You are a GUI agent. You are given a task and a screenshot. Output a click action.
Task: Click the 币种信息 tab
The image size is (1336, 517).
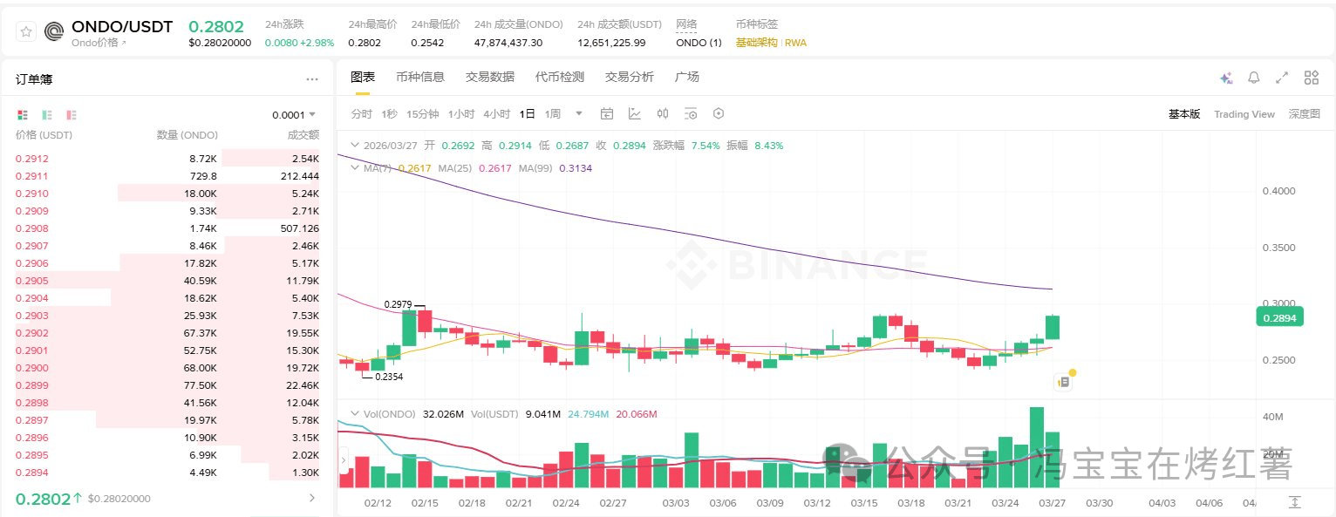pyautogui.click(x=419, y=77)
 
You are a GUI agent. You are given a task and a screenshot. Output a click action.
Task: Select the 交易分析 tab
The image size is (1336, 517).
pyautogui.click(x=629, y=77)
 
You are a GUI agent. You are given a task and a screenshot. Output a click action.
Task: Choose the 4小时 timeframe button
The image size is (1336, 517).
pyautogui.click(x=497, y=114)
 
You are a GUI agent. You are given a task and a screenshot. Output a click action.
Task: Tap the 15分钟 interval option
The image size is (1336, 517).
pyautogui.click(x=423, y=114)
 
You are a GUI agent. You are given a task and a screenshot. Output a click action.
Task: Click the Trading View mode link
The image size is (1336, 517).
pyautogui.click(x=1244, y=114)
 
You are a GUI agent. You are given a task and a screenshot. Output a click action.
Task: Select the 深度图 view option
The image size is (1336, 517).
pyautogui.click(x=1304, y=114)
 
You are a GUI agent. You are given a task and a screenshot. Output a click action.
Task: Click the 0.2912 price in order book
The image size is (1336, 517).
pyautogui.click(x=32, y=159)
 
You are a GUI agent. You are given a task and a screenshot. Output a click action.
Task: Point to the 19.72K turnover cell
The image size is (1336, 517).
pyautogui.click(x=303, y=368)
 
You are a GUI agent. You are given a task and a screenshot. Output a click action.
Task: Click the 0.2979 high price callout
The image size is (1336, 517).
pyautogui.click(x=398, y=304)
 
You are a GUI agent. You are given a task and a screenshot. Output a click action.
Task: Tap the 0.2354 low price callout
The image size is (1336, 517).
pyautogui.click(x=389, y=377)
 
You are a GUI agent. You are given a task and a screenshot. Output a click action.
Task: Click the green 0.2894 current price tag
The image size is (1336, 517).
pyautogui.click(x=1278, y=318)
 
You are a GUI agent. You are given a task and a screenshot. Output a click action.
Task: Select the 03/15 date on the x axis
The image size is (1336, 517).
pyautogui.click(x=864, y=503)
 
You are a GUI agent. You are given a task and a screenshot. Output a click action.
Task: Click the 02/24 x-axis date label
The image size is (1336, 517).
pyautogui.click(x=566, y=503)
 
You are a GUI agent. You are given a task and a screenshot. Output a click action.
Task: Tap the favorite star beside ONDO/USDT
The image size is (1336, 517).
pyautogui.click(x=26, y=31)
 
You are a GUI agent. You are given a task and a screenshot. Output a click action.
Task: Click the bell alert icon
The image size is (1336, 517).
pyautogui.click(x=1253, y=78)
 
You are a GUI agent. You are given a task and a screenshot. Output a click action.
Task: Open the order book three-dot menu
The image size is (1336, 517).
pyautogui.click(x=312, y=79)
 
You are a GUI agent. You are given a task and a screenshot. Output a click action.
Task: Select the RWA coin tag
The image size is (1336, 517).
pyautogui.click(x=795, y=43)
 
